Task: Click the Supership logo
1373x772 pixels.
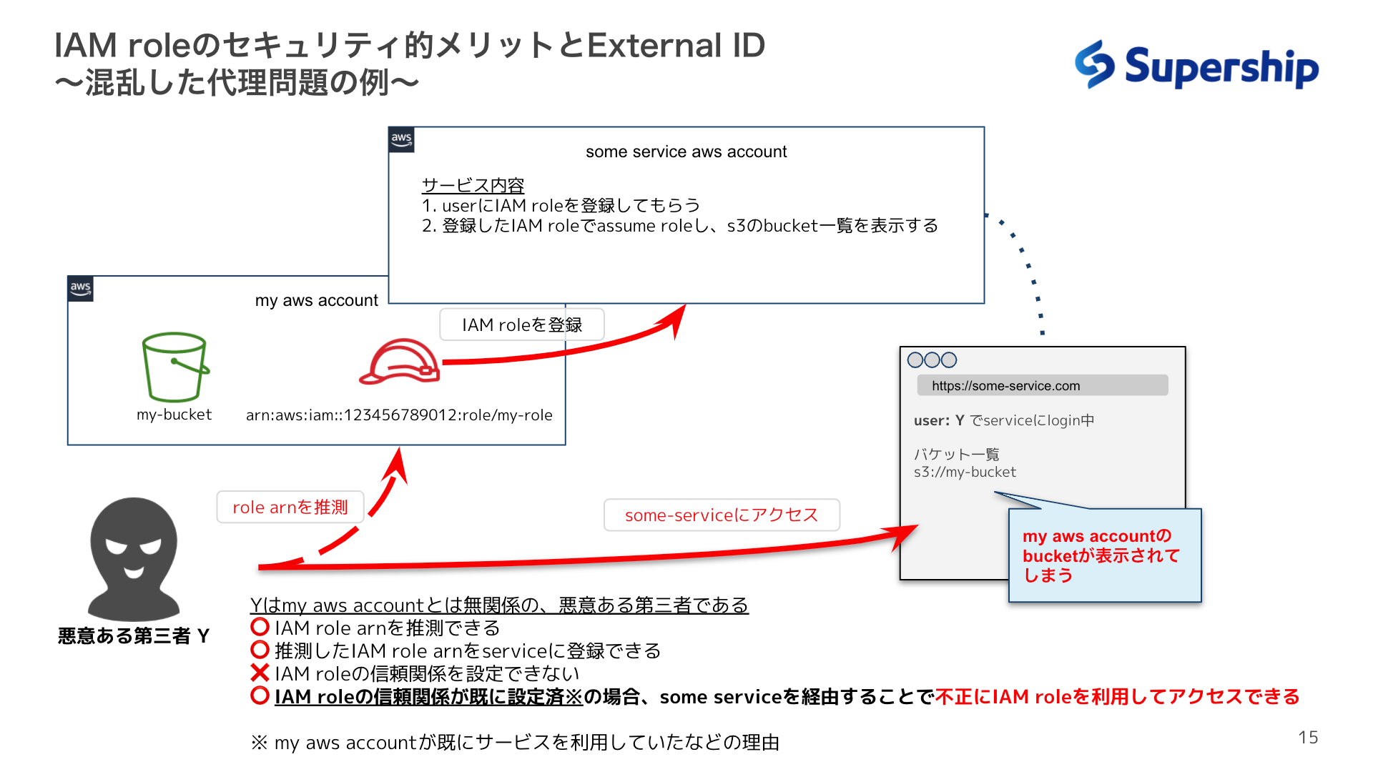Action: point(1196,66)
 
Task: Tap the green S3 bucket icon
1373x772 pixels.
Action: point(174,367)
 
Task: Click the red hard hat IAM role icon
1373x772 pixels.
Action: point(400,362)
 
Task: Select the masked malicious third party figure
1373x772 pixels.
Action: point(134,558)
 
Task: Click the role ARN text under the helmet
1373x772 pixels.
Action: point(399,415)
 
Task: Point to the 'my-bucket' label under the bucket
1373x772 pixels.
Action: point(174,415)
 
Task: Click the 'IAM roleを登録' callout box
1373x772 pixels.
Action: point(521,325)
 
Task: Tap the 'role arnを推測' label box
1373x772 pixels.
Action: point(290,508)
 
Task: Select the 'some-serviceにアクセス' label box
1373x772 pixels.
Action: point(721,515)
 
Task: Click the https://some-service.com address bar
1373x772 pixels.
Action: point(1042,386)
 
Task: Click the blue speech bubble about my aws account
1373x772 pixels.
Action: point(1104,555)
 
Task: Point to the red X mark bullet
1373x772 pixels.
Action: point(260,673)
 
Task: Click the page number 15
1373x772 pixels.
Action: point(1308,738)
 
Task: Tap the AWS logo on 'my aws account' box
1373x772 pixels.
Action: point(80,289)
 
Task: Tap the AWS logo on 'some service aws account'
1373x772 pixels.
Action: point(401,139)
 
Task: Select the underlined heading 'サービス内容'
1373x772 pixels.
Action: point(473,185)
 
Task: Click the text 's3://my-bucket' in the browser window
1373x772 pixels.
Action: point(965,472)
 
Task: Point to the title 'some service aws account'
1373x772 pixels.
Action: point(686,152)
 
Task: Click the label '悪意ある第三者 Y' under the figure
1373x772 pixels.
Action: point(134,635)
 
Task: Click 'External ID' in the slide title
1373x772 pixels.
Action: point(676,46)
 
